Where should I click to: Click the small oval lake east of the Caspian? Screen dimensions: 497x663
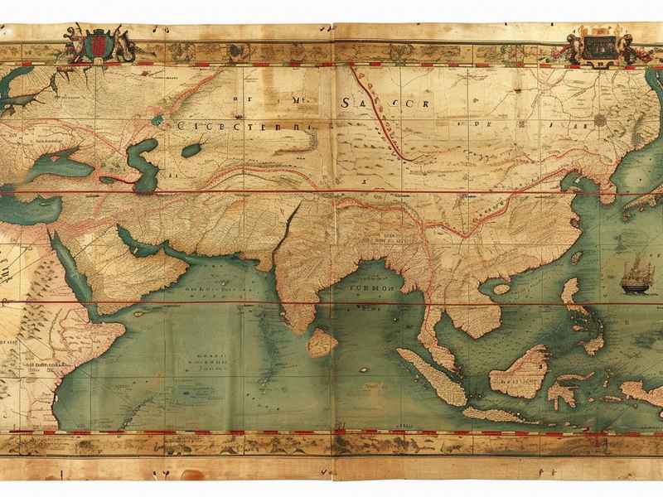pyautogui.click(x=192, y=150)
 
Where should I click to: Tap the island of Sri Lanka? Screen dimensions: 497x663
pyautogui.click(x=322, y=340)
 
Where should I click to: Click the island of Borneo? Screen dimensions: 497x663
pyautogui.click(x=520, y=370)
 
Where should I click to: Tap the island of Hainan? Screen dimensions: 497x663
pyautogui.click(x=499, y=289)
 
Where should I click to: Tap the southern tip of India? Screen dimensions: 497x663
pyautogui.click(x=293, y=325)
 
